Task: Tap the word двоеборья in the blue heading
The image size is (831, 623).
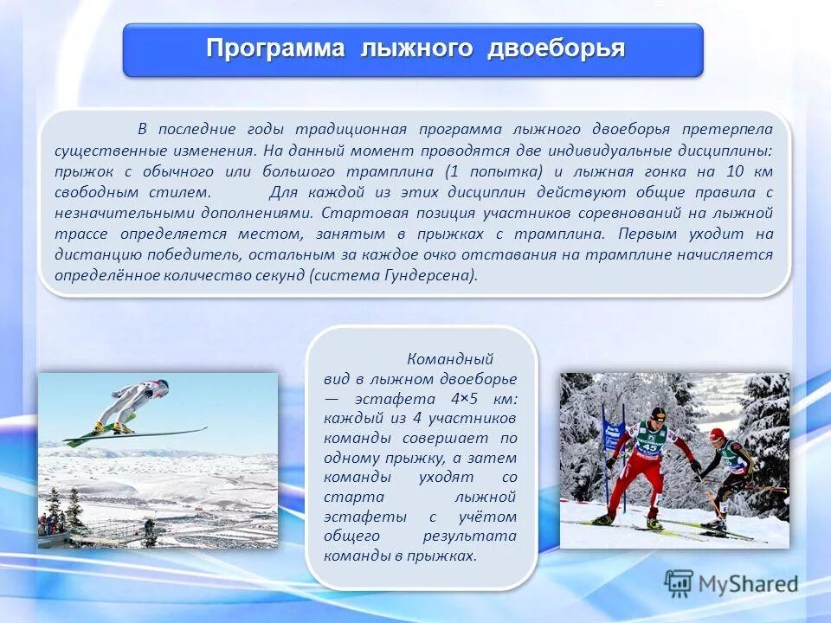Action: click(x=556, y=48)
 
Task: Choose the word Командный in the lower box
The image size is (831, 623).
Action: click(x=449, y=358)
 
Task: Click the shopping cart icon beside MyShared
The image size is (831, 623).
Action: click(x=680, y=583)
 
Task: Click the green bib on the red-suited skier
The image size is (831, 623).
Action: click(x=649, y=441)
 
